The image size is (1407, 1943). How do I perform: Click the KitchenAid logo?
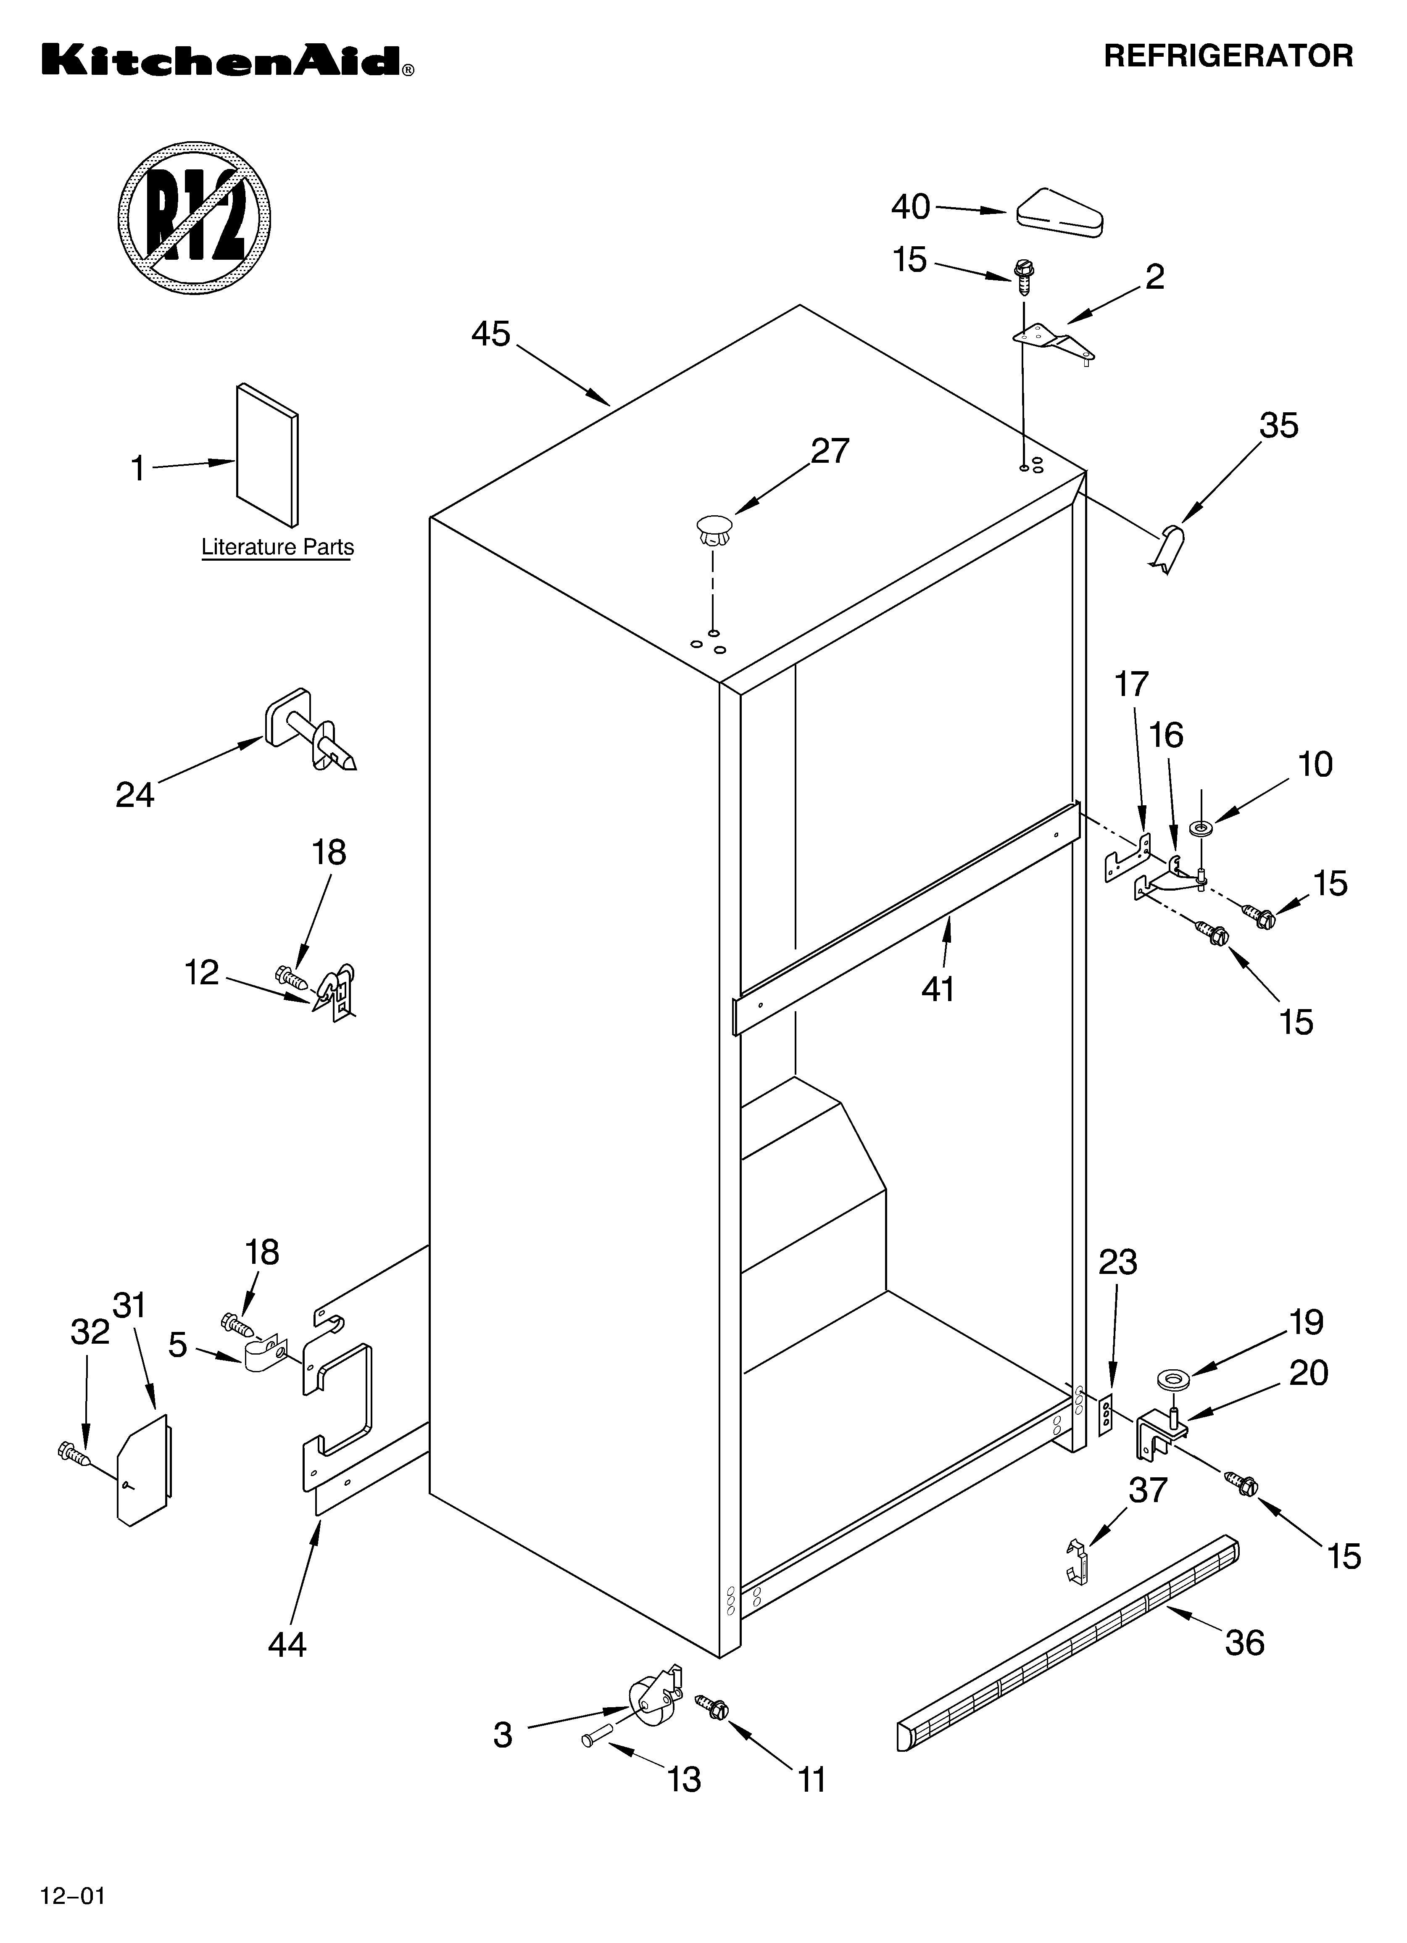click(227, 62)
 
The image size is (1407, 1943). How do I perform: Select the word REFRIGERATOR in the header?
click(1228, 57)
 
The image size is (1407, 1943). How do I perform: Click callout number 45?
click(491, 334)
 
